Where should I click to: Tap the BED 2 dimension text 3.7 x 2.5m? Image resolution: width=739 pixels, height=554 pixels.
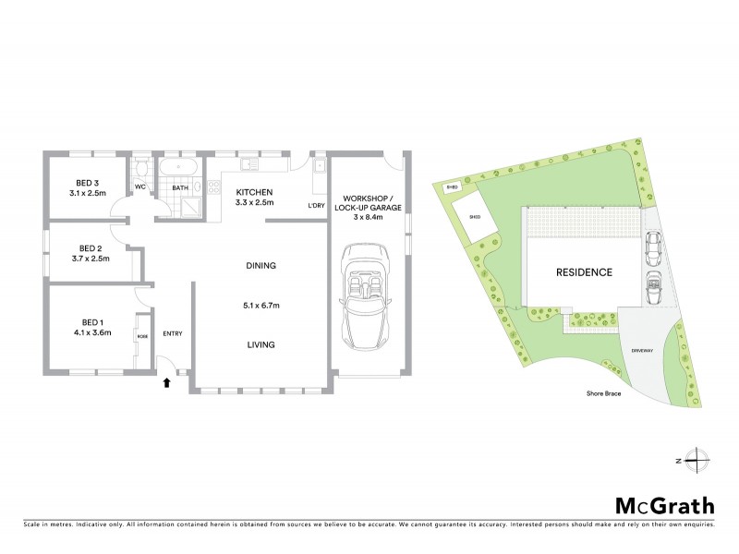coord(90,258)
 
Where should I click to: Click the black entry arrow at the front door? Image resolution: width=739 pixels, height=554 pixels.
coord(167,380)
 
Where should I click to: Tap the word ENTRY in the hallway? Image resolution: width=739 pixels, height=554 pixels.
coord(173,334)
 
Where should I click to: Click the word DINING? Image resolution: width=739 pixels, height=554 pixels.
coord(262,266)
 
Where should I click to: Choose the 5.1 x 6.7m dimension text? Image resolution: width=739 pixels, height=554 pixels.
coord(262,306)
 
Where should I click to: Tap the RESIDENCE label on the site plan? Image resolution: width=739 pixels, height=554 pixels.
coord(583,273)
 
